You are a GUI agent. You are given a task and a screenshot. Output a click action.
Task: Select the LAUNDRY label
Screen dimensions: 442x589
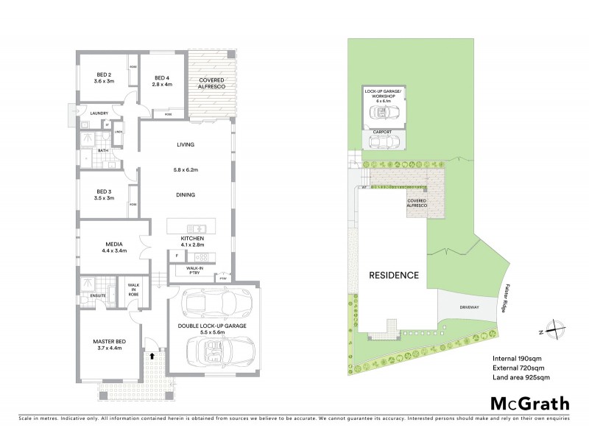pos(100,113)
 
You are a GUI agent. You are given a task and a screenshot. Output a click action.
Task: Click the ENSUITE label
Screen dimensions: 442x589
pos(99,295)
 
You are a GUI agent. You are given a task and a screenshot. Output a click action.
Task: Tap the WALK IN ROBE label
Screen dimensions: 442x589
pos(134,289)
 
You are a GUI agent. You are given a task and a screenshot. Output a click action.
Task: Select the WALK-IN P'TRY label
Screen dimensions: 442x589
pos(194,270)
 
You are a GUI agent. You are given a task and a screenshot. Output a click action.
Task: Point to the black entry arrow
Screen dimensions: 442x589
pos(152,357)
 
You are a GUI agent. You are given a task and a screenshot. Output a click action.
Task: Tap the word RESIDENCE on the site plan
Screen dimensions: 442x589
pos(394,275)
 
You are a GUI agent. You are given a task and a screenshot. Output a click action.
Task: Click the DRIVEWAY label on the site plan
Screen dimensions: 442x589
pos(469,307)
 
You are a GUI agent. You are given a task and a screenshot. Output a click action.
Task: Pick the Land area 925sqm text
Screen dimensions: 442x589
pos(521,377)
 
